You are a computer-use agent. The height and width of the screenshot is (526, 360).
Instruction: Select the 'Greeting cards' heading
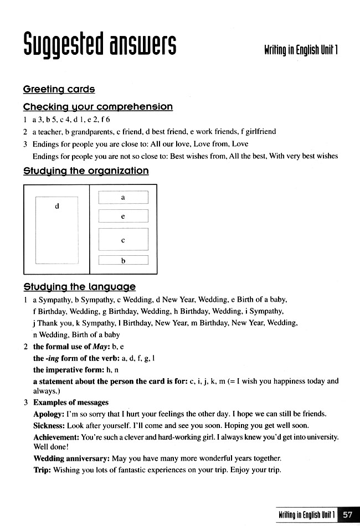59,89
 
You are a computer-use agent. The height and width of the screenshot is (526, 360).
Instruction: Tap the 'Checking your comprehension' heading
97,106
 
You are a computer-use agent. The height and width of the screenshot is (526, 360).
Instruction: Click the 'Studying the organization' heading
86,171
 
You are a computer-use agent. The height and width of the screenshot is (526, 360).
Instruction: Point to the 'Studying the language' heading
79,287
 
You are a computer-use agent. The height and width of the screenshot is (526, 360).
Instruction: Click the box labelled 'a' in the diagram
123,197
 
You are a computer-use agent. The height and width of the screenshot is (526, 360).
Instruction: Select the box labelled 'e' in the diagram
123,216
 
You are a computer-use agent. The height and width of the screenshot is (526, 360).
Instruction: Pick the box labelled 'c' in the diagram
123,240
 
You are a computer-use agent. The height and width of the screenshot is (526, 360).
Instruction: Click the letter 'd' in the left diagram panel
57,206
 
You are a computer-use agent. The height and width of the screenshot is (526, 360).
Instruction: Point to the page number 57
347,514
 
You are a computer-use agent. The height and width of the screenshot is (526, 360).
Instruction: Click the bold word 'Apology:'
49,414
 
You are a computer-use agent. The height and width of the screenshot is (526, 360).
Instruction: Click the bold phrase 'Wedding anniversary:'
71,458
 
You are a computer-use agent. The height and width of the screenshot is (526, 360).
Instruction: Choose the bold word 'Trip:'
42,470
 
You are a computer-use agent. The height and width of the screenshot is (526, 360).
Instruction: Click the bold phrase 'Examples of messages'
71,403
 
